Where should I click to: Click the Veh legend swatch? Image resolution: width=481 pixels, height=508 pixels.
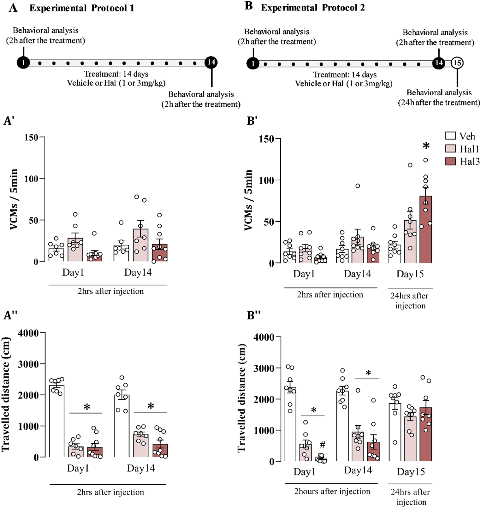450,136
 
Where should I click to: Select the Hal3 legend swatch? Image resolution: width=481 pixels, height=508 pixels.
450,161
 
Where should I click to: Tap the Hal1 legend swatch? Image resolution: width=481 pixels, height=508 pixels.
450,149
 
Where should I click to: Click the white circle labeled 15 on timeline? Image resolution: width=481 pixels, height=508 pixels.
457,63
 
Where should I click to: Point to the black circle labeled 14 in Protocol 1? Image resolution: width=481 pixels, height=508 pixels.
211,62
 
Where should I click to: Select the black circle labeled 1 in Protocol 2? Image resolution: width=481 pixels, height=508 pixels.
253,63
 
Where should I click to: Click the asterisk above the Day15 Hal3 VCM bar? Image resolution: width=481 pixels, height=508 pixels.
426,146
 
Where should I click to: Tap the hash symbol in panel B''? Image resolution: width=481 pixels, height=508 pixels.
322,445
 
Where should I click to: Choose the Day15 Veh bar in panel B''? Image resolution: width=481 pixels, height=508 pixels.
395,432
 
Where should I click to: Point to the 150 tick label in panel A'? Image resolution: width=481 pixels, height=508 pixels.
31,138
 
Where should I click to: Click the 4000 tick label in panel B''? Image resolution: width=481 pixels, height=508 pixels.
264,337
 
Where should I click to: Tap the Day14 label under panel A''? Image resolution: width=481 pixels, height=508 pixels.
141,468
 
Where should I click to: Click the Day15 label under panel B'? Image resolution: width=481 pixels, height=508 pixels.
410,274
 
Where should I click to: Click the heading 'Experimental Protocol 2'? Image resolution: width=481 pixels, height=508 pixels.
312,8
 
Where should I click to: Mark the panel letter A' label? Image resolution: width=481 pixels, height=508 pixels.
9,121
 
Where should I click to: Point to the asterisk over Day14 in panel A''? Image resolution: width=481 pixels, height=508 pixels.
151,406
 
